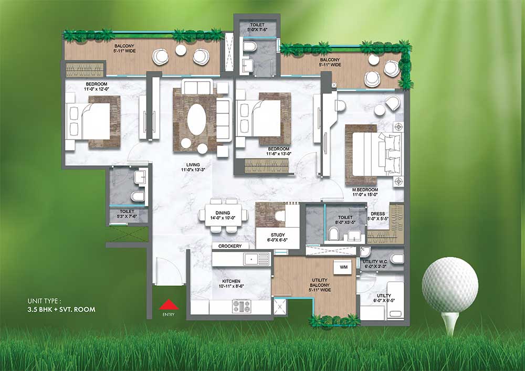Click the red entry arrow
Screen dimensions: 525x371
pyautogui.click(x=169, y=304)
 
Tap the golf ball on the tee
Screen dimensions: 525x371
pyautogui.click(x=450, y=285)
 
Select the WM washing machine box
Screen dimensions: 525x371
pyautogui.click(x=343, y=267)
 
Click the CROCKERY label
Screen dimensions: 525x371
pyautogui.click(x=230, y=246)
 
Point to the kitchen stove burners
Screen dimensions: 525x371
pyautogui.click(x=241, y=306)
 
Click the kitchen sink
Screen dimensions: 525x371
pyautogui.click(x=257, y=259)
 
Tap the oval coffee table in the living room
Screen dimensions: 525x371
pyautogui.click(x=196, y=120)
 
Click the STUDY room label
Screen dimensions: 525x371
pyautogui.click(x=278, y=235)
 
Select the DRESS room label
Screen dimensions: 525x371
pyautogui.click(x=377, y=214)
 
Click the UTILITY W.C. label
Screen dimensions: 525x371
pyautogui.click(x=375, y=262)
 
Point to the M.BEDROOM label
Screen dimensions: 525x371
pyautogui.click(x=365, y=189)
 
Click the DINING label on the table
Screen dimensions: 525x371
pyautogui.click(x=223, y=213)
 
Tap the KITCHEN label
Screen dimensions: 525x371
pyautogui.click(x=231, y=281)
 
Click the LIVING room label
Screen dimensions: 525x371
pyautogui.click(x=193, y=165)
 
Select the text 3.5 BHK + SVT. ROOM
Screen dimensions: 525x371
pyautogui.click(x=61, y=310)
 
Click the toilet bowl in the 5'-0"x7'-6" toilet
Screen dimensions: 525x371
pyautogui.click(x=250, y=46)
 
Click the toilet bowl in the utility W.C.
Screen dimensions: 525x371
pyautogui.click(x=397, y=259)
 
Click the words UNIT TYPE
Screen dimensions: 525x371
pyautogui.click(x=45, y=301)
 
